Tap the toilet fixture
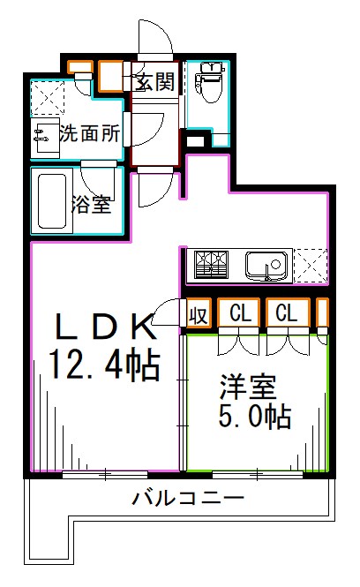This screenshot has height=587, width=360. tap(209, 85)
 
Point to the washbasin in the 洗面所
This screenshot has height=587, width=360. tap(42, 134)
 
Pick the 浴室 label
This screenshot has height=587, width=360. tap(91, 205)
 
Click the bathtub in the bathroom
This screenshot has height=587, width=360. tap(52, 200)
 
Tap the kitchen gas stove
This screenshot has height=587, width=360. tap(211, 264)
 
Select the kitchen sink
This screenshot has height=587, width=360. tap(267, 264)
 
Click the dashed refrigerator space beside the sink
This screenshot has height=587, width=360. tap(312, 264)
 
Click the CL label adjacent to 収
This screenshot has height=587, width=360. tap(242, 313)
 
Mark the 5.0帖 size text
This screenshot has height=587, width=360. tap(255, 416)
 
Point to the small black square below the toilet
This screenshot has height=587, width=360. tap(195, 138)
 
